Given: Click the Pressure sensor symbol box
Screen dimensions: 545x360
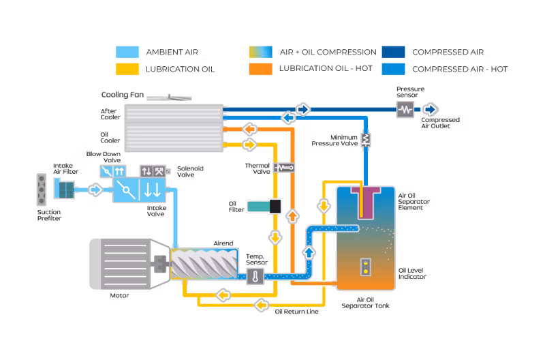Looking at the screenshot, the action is pos(405,110).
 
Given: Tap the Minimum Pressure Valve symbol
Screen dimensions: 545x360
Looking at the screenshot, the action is pos(366,140).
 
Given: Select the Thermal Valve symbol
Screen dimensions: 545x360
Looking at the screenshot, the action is pos(285,168).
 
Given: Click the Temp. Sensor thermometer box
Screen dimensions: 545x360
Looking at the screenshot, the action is pos(255,277).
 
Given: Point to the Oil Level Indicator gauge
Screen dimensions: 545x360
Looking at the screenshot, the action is pos(366,267).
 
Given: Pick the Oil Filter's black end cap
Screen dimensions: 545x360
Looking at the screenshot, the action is pos(275,207).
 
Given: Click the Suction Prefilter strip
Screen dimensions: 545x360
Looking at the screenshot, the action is pos(42,190).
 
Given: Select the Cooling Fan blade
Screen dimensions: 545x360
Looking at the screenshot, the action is pos(169,97).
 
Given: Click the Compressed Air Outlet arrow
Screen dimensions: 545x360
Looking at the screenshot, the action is pos(431,110).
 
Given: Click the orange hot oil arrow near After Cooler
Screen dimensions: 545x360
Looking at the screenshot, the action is pos(249,130).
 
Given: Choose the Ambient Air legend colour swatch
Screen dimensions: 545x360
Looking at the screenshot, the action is pos(127,52).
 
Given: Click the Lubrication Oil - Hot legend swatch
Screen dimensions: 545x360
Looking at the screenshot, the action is pos(261,69).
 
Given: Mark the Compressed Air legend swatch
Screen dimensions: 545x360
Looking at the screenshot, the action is pos(394,52).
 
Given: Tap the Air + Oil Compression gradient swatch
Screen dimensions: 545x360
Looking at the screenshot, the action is pos(261,52).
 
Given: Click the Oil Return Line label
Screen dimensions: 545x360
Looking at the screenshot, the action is pos(296,312).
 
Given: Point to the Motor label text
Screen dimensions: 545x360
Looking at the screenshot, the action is pos(119,295).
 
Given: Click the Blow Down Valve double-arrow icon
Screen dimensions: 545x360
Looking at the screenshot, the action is pos(119,171).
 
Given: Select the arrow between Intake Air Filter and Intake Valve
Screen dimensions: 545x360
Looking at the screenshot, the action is pos(95,190).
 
